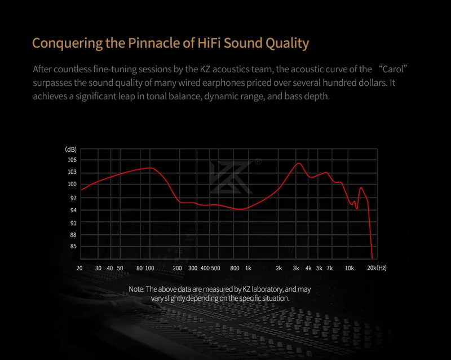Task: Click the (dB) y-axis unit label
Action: (x=71, y=150)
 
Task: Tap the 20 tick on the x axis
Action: (x=79, y=268)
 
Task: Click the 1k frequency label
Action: (x=248, y=268)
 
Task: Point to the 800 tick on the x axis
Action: (x=236, y=268)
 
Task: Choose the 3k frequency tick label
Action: (x=296, y=268)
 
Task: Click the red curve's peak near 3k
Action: (x=299, y=163)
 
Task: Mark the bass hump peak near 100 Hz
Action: (x=149, y=168)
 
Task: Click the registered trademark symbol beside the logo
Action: (x=258, y=161)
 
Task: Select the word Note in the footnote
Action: (x=136, y=289)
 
